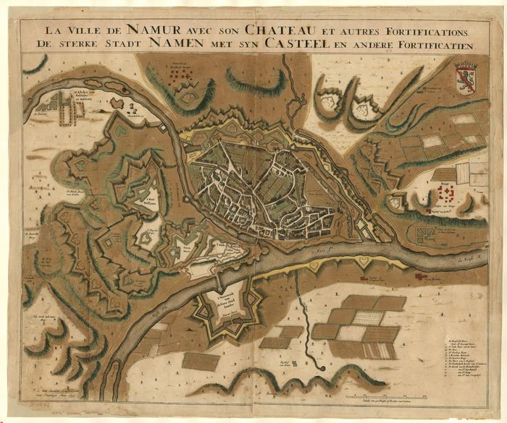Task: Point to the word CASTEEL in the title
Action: tap(309, 45)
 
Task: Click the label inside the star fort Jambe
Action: tap(230, 302)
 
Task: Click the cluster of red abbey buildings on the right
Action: tap(445, 193)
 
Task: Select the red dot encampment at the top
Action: tap(181, 74)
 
